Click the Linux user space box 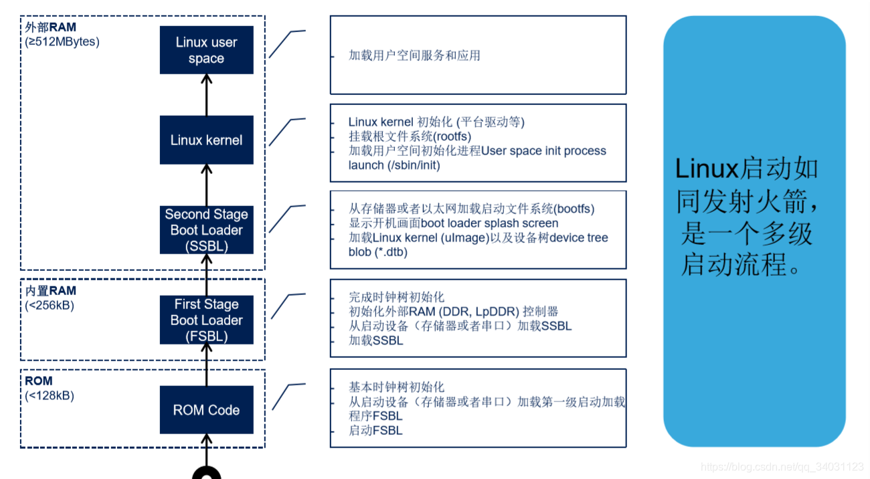(206, 50)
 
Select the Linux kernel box (206, 140)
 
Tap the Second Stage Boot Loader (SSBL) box (206, 230)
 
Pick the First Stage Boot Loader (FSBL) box (206, 320)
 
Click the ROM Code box (206, 409)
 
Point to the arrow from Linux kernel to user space (206, 94)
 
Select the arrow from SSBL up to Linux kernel (206, 185)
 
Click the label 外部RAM (50, 27)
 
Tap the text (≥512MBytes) (62, 41)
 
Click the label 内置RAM (50, 291)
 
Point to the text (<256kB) (50, 305)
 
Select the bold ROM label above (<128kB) (39, 381)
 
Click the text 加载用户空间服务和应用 (414, 56)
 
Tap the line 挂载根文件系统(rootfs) (410, 136)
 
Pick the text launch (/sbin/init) (394, 165)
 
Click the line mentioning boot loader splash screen (453, 223)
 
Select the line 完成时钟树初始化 (396, 297)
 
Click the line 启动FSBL (375, 431)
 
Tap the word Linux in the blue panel (707, 169)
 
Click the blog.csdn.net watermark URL (782, 466)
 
